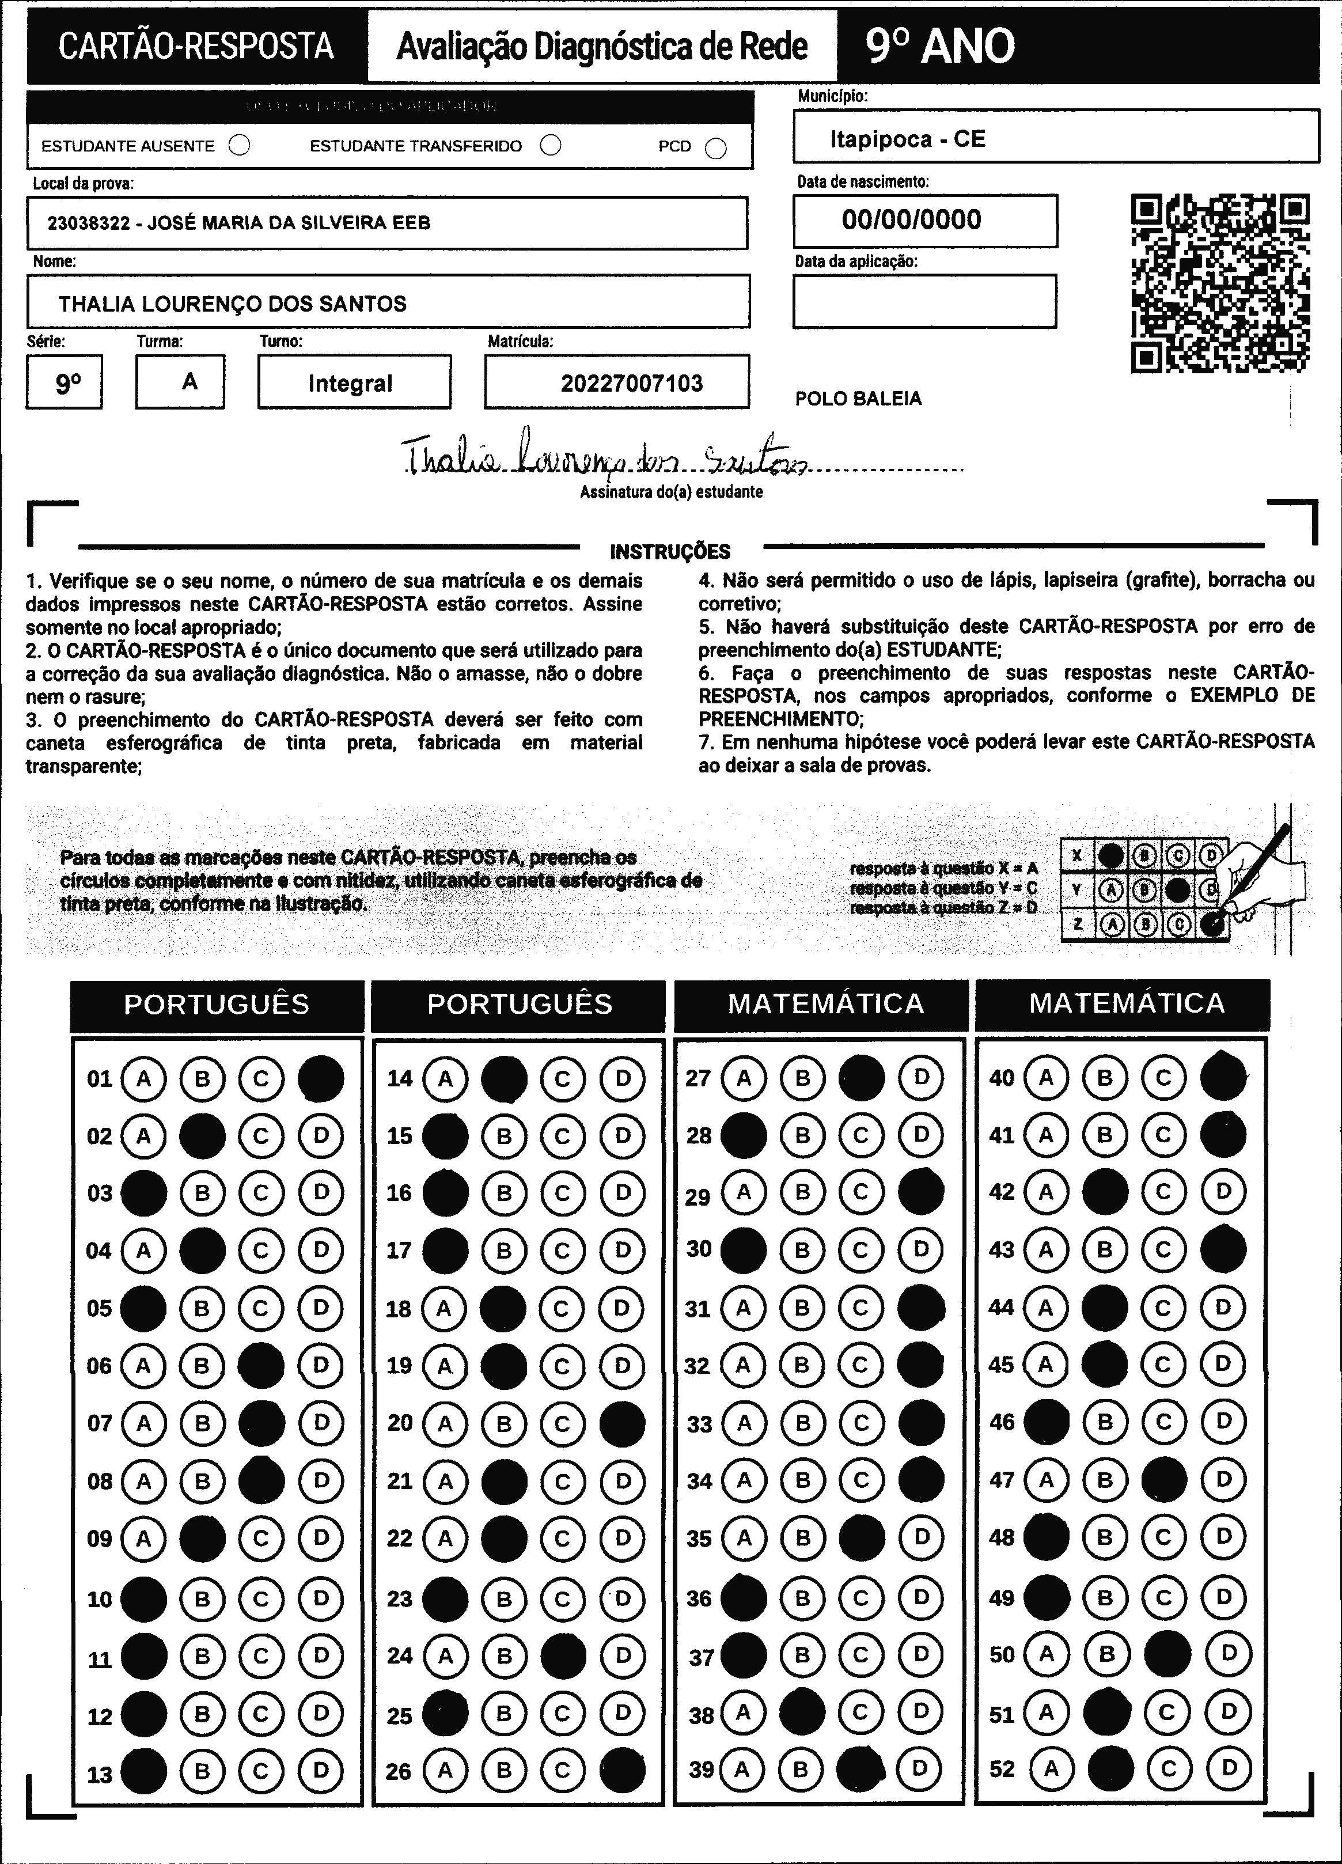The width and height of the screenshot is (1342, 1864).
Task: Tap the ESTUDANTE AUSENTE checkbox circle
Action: pos(239,146)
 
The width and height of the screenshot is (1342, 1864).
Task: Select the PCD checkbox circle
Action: pos(716,148)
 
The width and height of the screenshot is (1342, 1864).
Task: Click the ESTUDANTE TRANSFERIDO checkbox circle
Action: pos(551,146)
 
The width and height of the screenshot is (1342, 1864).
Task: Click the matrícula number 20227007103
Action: pos(631,383)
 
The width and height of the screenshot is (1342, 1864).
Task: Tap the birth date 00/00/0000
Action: pos(911,219)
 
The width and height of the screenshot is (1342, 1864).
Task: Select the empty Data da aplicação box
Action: pos(924,301)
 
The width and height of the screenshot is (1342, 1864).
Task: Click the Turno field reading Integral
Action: pos(351,383)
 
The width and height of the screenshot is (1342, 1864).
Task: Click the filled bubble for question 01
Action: pos(320,1078)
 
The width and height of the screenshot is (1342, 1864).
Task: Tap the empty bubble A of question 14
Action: pos(445,1078)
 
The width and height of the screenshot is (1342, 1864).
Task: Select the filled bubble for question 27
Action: pos(861,1078)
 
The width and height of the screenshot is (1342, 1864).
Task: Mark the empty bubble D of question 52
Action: pos(1229,1768)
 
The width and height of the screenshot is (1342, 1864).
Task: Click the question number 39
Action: pos(701,1768)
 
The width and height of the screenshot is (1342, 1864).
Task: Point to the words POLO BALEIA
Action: pos(858,399)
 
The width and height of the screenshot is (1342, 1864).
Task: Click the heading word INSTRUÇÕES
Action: pos(670,551)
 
